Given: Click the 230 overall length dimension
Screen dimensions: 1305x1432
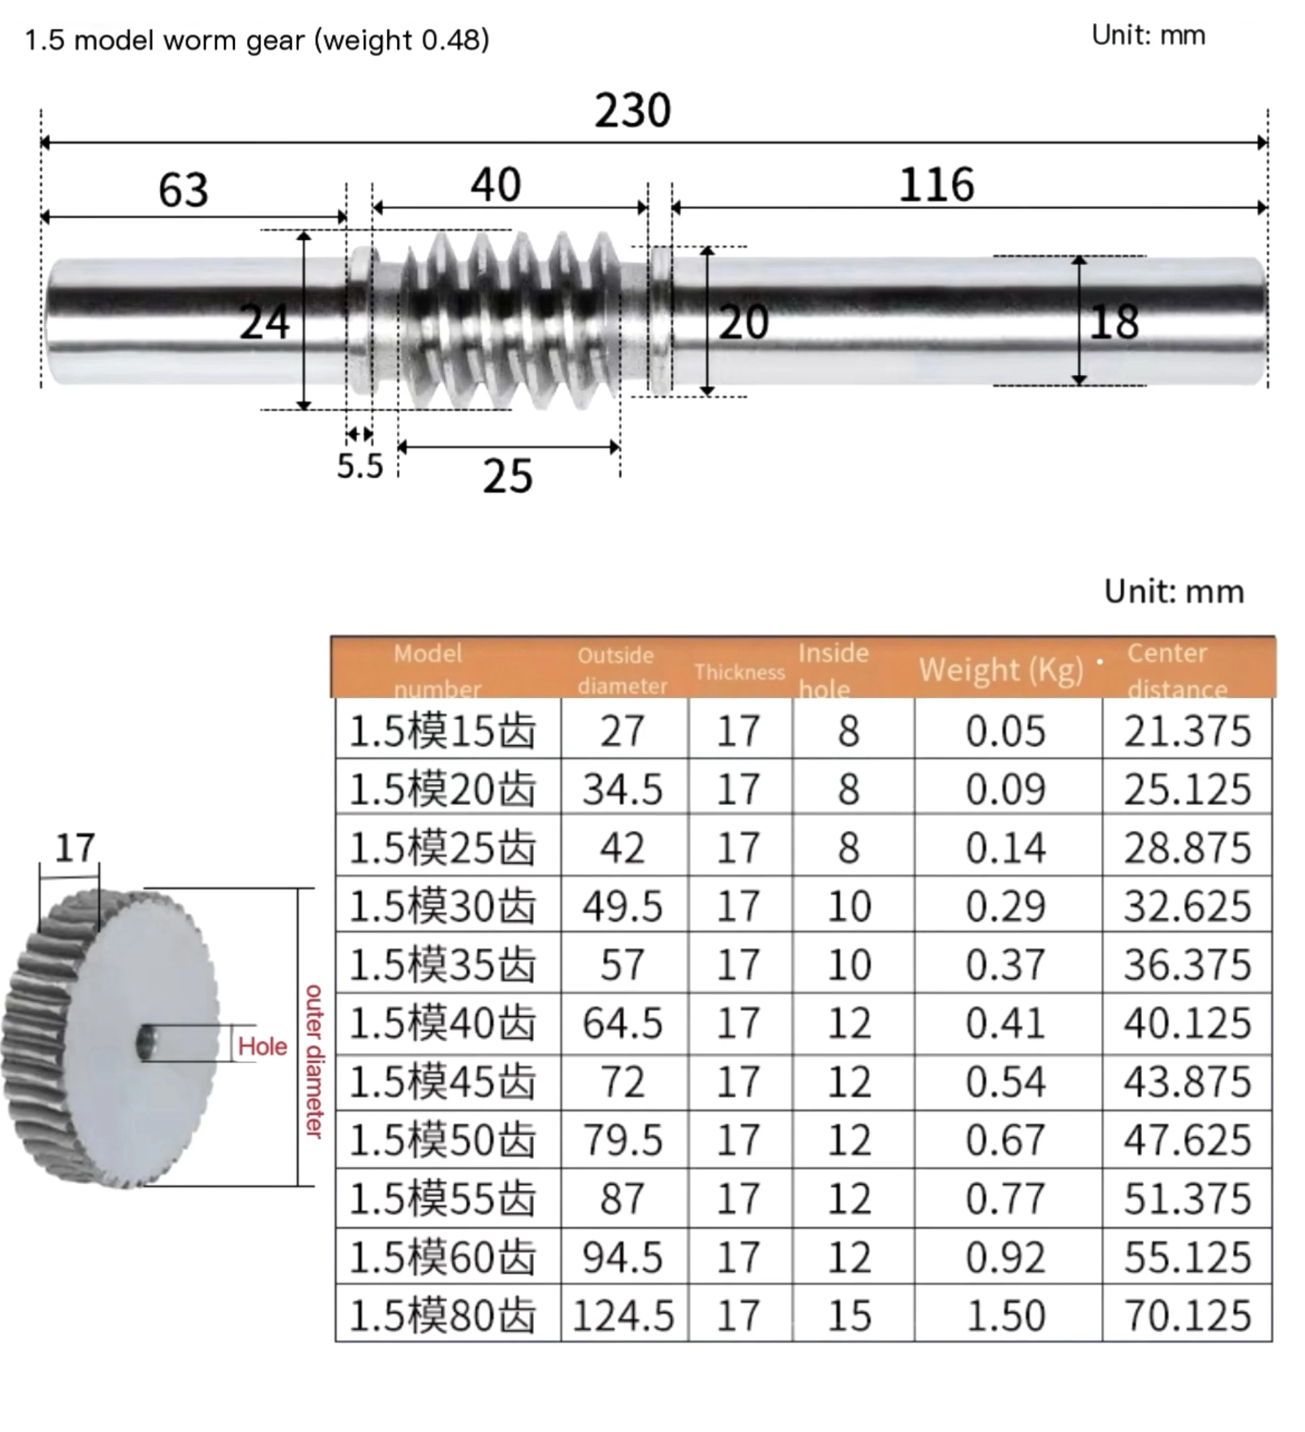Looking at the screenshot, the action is click(x=632, y=111).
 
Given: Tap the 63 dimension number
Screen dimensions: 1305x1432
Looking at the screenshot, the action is click(x=183, y=191).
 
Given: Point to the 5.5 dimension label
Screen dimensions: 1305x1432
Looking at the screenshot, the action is click(x=360, y=466).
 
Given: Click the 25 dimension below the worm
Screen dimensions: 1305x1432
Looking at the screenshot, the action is click(x=508, y=476).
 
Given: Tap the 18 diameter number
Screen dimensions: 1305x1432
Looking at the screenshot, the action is click(x=1114, y=323).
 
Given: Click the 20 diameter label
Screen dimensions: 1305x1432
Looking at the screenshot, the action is click(x=744, y=323).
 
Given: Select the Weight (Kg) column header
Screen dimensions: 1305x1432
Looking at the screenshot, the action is click(x=1001, y=670).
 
